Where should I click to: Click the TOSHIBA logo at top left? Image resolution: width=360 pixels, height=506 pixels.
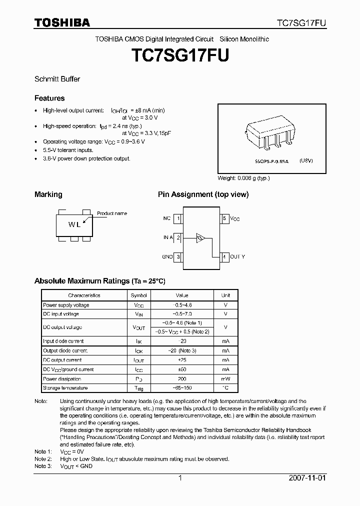click(62, 22)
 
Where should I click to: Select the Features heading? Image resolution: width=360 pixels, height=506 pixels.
click(49, 98)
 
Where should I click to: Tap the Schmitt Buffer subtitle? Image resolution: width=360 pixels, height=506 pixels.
click(57, 79)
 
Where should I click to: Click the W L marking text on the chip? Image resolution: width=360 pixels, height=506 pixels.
click(74, 224)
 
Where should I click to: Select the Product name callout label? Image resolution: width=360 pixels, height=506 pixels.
click(112, 213)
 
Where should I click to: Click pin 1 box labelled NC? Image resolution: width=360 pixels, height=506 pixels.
click(178, 218)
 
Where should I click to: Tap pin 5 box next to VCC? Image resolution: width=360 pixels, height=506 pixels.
click(224, 218)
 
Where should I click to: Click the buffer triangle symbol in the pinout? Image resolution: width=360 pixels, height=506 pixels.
click(200, 238)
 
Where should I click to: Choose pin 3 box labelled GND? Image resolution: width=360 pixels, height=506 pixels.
click(178, 256)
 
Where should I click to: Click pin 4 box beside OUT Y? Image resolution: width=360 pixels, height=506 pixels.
click(224, 256)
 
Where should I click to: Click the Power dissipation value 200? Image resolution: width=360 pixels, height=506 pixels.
click(182, 379)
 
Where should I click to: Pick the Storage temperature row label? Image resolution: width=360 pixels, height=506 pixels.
click(65, 388)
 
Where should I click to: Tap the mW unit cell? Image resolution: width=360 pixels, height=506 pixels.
click(225, 379)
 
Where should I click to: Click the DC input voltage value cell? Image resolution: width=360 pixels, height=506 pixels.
click(182, 314)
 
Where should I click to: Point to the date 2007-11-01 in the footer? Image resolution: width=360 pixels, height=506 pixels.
click(307, 477)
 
